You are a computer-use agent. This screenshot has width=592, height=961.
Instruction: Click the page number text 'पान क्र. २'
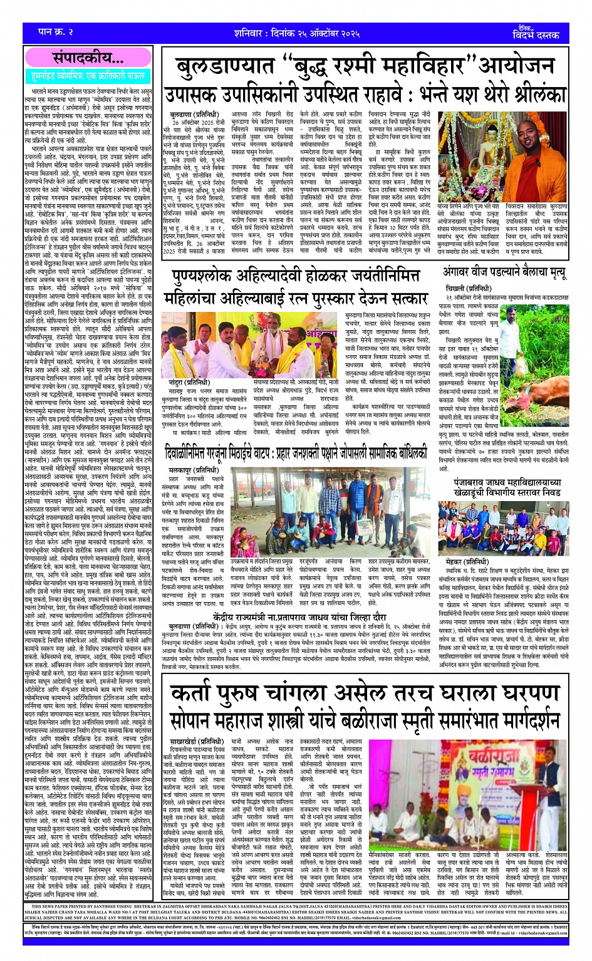[48, 31]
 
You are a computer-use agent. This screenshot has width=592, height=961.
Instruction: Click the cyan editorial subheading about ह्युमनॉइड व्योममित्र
[88, 77]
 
